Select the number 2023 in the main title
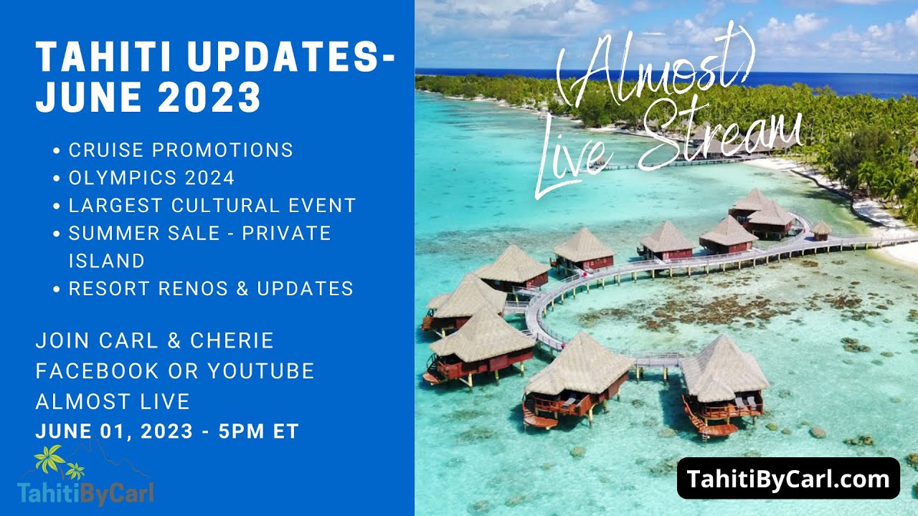(209, 97)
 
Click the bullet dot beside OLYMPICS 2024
(57, 178)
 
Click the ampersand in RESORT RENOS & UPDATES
(242, 288)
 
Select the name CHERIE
(232, 340)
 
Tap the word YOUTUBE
(261, 371)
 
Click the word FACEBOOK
(97, 371)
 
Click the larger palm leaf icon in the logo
(49, 458)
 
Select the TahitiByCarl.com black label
(788, 478)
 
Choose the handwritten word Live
(574, 160)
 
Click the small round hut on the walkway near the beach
(821, 231)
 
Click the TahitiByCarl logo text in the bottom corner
(85, 492)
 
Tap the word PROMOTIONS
(222, 150)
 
